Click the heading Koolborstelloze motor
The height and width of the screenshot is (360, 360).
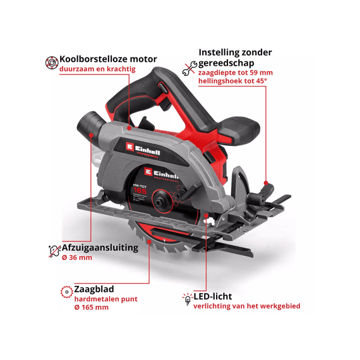click(x=107, y=59)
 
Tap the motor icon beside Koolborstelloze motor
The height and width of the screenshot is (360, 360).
click(x=51, y=63)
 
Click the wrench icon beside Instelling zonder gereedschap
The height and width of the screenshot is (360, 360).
click(x=189, y=68)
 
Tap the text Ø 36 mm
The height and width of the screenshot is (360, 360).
click(x=76, y=258)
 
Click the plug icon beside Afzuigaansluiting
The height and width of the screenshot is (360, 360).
click(x=53, y=251)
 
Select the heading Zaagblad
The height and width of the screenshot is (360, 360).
click(x=94, y=289)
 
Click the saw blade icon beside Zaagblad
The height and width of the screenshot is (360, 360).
click(x=66, y=292)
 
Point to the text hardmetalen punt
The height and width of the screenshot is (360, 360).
click(x=105, y=299)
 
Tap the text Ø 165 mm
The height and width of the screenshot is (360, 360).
click(x=91, y=308)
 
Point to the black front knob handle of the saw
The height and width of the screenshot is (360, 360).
click(x=239, y=130)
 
